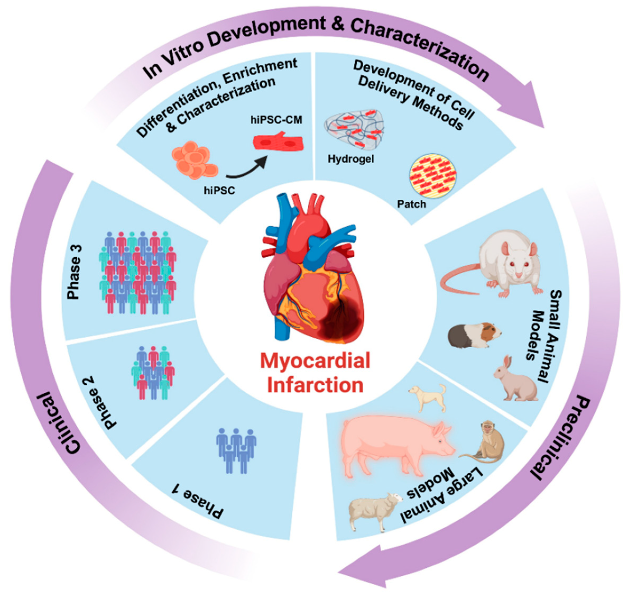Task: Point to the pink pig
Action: [x=394, y=442]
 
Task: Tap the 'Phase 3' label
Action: [x=74, y=272]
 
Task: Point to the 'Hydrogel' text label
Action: [x=351, y=158]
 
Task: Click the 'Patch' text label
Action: [x=411, y=204]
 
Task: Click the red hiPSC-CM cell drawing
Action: [x=278, y=142]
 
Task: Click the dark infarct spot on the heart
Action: [x=340, y=321]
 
